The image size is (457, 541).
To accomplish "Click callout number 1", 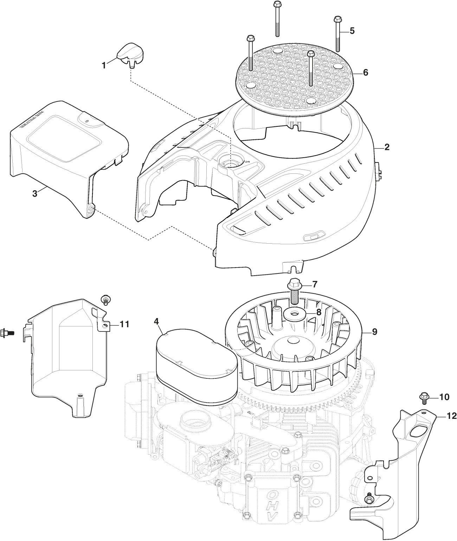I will tap(104, 65).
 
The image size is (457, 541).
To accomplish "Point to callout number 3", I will tap(34, 193).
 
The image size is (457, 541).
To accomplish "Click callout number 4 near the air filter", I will tap(156, 321).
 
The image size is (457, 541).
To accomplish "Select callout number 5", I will tap(352, 31).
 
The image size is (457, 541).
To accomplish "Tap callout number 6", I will tap(365, 73).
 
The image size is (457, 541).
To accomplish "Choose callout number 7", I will tap(313, 284).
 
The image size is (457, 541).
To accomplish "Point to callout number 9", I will tap(374, 332).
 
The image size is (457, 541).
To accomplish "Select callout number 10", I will tap(444, 397).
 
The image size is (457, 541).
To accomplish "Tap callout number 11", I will tap(124, 324).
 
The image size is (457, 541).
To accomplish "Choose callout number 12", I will tap(451, 416).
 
